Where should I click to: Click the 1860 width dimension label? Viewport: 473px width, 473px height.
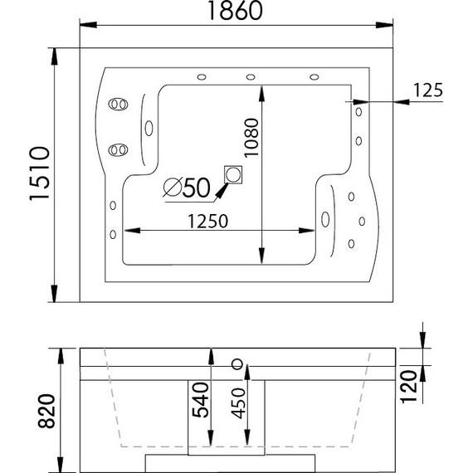tap(236, 10)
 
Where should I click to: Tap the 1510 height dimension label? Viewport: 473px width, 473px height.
tap(39, 173)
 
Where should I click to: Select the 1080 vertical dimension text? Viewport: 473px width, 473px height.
tap(251, 138)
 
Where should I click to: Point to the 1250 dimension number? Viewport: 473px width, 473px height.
tap(207, 221)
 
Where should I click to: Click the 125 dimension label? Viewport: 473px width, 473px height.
tap(427, 90)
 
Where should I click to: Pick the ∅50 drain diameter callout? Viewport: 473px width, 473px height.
tap(187, 188)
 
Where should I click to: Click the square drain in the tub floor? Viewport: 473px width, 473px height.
tap(233, 174)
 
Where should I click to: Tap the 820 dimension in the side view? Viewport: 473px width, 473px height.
tap(46, 411)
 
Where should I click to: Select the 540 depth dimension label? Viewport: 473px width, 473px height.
tap(201, 400)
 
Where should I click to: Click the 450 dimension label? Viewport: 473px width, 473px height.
tap(238, 403)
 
